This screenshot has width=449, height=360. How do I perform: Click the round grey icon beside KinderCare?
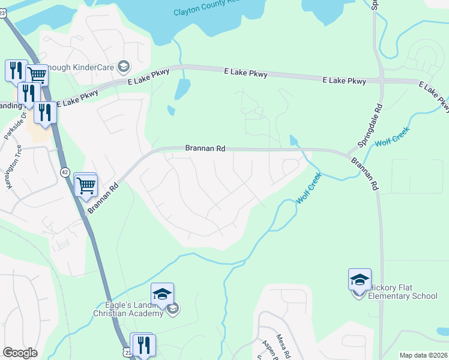pos(124,65)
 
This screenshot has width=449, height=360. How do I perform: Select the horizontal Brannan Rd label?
pos(205,148)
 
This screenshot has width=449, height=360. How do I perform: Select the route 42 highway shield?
pos(65,172)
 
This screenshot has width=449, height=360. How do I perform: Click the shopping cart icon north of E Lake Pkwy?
pos(37,74)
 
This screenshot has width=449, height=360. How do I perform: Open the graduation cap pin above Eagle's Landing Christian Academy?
pos(162,294)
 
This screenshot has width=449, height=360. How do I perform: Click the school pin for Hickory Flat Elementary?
pos(360,280)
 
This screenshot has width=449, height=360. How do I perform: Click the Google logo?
pos(20,353)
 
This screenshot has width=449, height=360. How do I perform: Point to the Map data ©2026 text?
pos(423,355)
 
